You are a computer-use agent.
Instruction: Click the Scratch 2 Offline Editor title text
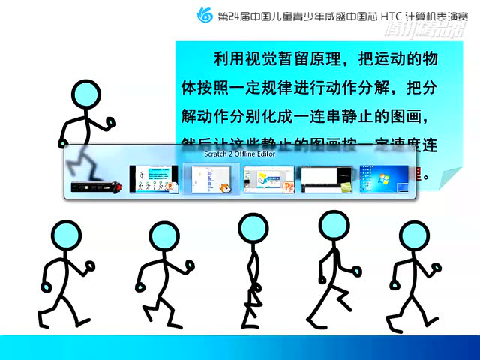(x=239, y=154)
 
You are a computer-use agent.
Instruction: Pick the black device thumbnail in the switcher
(x=96, y=184)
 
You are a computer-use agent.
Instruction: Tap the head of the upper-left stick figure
(x=85, y=94)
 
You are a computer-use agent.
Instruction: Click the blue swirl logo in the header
(x=204, y=15)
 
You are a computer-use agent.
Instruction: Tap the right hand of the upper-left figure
(x=111, y=121)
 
